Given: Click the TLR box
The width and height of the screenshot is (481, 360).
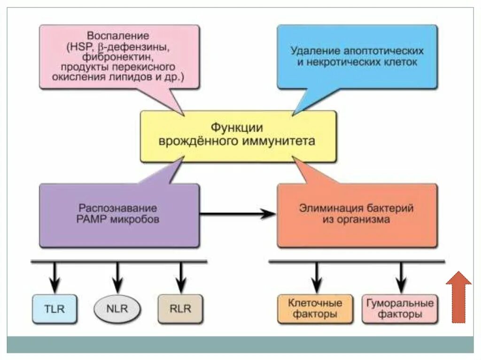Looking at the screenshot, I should [54, 309].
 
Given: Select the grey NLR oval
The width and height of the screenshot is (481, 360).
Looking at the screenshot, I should [117, 309].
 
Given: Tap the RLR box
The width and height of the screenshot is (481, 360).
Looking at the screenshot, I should [180, 309].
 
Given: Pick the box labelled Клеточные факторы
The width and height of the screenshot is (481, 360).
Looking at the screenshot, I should [315, 308].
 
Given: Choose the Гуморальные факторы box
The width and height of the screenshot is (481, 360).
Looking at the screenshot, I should [400, 308].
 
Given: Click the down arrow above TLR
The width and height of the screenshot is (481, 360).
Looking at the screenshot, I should [54, 277].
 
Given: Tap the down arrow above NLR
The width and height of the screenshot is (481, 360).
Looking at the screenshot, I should [117, 277].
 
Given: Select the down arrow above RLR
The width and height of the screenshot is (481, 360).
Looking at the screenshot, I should [180, 277].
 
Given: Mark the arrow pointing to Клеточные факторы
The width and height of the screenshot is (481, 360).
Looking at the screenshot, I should [317, 277].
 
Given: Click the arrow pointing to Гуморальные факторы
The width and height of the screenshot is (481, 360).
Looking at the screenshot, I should [401, 277].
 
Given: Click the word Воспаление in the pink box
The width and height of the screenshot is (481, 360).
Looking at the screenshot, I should [118, 36].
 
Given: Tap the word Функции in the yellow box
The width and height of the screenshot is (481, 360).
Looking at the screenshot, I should [236, 128].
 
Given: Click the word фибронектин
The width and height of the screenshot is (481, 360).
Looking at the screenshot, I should [117, 57].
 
